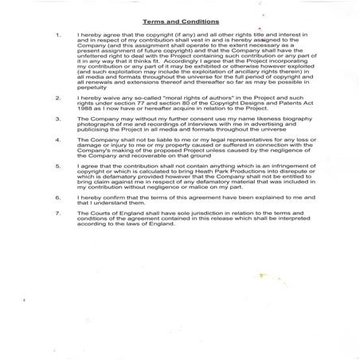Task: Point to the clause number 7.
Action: (60, 213)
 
